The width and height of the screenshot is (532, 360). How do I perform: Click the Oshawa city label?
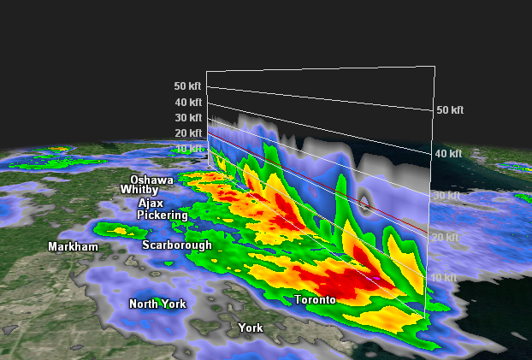[151, 180]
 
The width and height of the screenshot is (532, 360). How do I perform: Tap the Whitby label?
[139, 189]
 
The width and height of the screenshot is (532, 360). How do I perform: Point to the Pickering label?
[162, 215]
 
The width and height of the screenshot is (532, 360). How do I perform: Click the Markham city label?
[73, 247]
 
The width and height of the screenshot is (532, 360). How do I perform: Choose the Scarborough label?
[176, 245]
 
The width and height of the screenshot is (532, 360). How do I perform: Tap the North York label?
[157, 304]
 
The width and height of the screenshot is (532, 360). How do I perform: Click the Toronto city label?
[314, 300]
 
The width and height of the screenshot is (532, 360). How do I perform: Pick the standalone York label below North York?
[251, 328]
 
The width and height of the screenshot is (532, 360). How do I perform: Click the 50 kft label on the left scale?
[187, 86]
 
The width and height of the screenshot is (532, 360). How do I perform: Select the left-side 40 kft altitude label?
[187, 103]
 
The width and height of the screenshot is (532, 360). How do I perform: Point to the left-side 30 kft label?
[187, 118]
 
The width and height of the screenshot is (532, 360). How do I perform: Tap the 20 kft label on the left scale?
[187, 133]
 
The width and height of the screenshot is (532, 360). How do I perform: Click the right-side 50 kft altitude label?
[450, 110]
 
